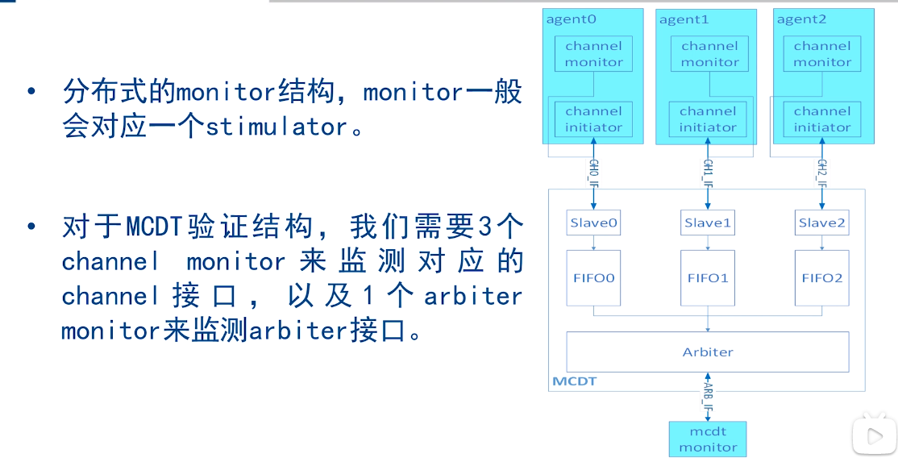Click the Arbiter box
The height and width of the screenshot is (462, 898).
coord(708,352)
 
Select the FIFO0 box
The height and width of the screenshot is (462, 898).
coord(594,278)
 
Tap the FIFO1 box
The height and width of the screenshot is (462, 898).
coord(708,278)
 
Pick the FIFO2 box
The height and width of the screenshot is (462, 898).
coord(822,278)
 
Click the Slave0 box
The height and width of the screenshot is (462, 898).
coord(593,223)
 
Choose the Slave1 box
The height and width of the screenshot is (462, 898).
coord(708,223)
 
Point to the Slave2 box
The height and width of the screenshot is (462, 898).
coord(822,223)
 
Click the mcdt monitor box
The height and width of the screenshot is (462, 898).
coord(708,439)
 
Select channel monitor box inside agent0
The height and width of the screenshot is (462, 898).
coord(594,54)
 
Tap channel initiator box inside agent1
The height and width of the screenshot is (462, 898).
coord(708,119)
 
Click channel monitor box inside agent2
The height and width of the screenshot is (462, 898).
coord(822,54)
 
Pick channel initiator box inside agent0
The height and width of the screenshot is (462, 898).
coord(594,119)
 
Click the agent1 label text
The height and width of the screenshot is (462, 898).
coord(684,20)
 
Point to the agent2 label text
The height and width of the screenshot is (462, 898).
coord(801,20)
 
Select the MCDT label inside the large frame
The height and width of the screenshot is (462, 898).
coord(574,381)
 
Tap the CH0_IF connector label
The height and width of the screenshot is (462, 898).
coord(593,171)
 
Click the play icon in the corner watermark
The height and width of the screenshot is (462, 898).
coord(875,436)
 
